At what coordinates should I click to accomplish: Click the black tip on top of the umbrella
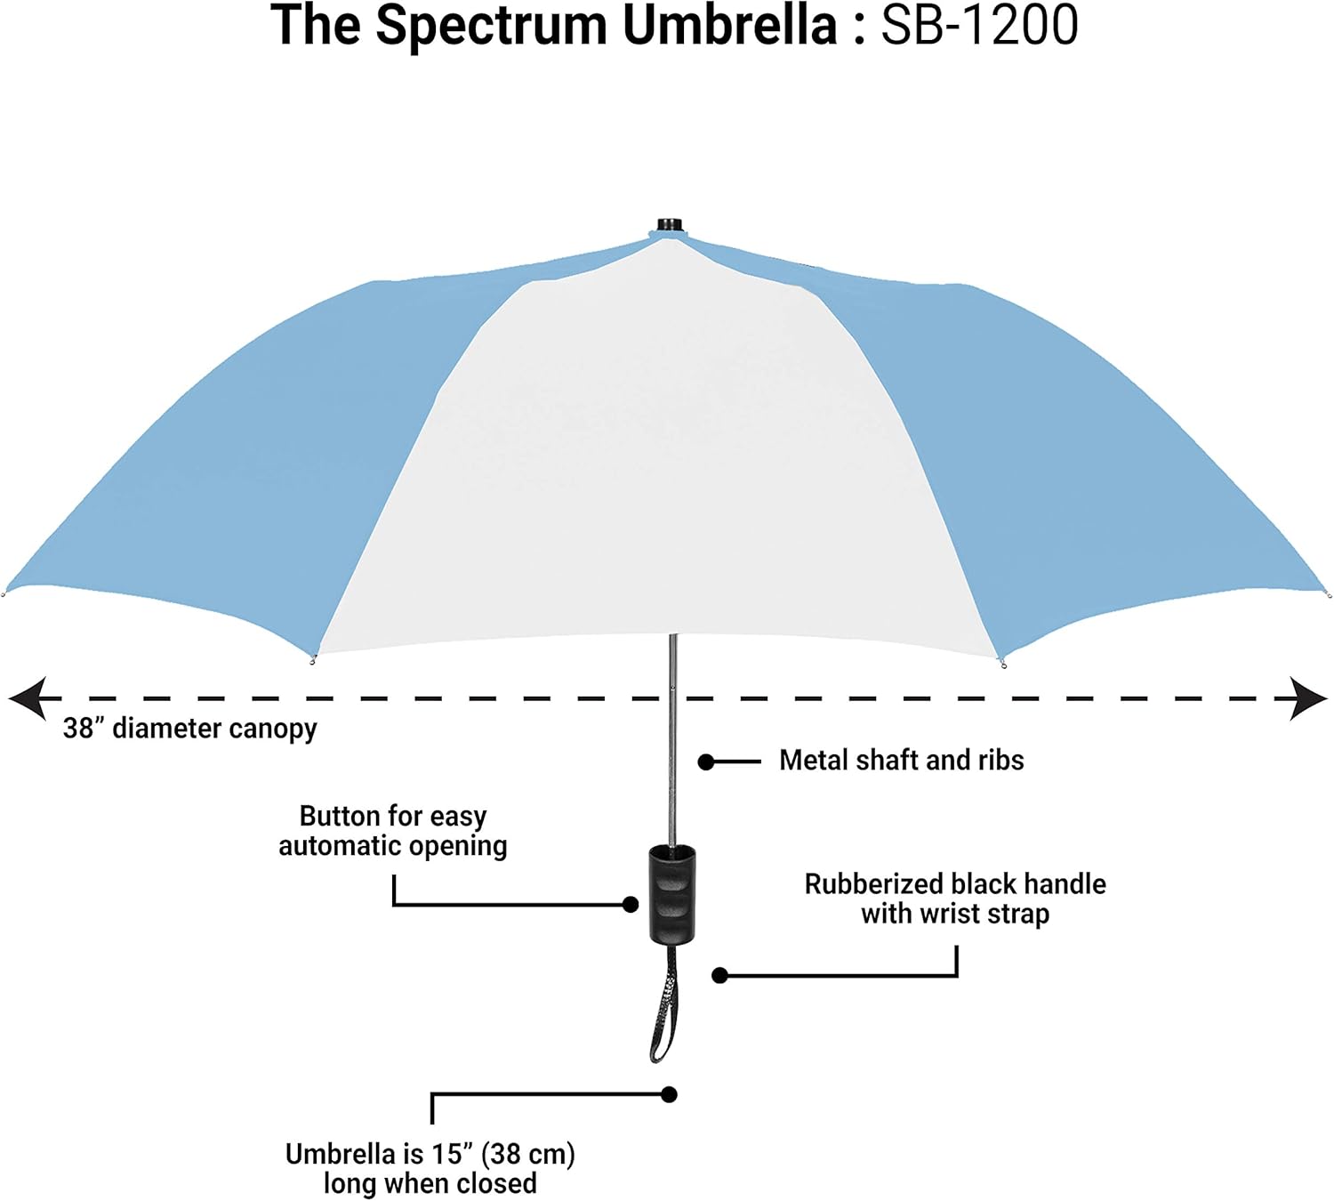(x=670, y=224)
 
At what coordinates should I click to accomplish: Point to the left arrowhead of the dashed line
(x=27, y=698)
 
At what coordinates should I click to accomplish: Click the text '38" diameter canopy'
(x=189, y=729)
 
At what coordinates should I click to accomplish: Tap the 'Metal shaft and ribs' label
(x=901, y=761)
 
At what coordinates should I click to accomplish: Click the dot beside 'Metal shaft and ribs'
(x=706, y=762)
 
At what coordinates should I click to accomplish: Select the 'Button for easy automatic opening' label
(x=393, y=830)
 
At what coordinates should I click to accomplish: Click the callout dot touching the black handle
(x=631, y=905)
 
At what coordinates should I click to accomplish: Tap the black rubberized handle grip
(x=671, y=894)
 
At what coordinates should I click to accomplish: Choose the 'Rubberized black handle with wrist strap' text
(x=955, y=899)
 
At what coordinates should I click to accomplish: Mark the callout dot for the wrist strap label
(x=720, y=976)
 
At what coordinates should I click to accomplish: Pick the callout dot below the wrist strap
(x=670, y=1094)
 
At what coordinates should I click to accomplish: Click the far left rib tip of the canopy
(x=4, y=593)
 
